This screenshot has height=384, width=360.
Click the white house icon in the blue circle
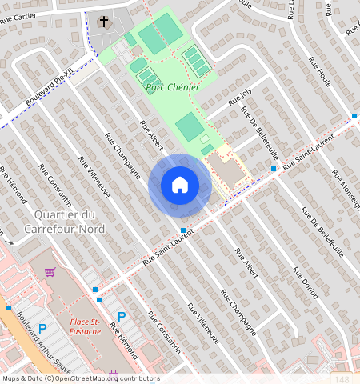180,185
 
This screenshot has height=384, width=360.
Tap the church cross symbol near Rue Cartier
103,22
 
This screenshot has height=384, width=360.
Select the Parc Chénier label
172,86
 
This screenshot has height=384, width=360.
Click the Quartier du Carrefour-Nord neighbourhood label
65,222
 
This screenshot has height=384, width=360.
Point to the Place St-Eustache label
84,326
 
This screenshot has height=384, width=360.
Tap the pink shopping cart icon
50,272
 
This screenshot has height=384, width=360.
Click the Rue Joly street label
239,97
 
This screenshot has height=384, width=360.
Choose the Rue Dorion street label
304,282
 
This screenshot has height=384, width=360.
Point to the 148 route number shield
342,379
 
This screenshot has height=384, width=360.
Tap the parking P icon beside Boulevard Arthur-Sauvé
42,328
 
